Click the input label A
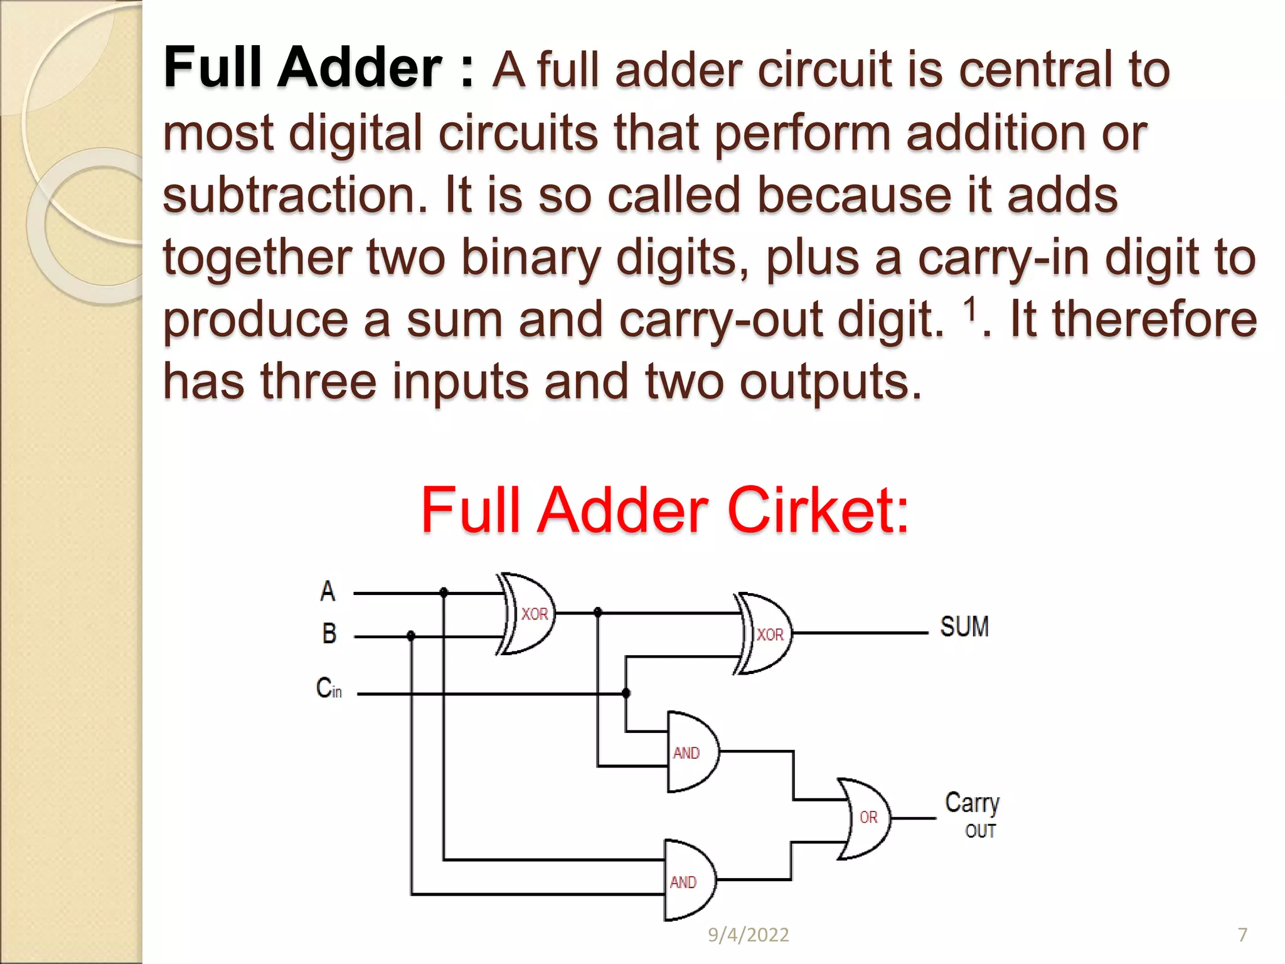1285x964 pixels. coord(328,591)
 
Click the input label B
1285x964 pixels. coord(329,633)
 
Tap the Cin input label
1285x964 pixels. coord(329,688)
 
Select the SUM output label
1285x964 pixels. coord(964,627)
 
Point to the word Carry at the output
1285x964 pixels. coord(972,803)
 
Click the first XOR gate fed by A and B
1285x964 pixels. coord(530,614)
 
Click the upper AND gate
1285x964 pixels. coord(690,752)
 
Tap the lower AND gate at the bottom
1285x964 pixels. coord(688,881)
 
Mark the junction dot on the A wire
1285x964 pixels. coord(444,592)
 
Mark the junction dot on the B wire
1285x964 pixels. coord(411,636)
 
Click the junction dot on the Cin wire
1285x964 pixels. coord(626,693)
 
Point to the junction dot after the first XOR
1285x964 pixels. coord(597,612)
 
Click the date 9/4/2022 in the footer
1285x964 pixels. coord(748,935)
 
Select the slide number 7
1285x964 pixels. coord(1242,935)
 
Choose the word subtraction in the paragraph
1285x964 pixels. coord(295,195)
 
